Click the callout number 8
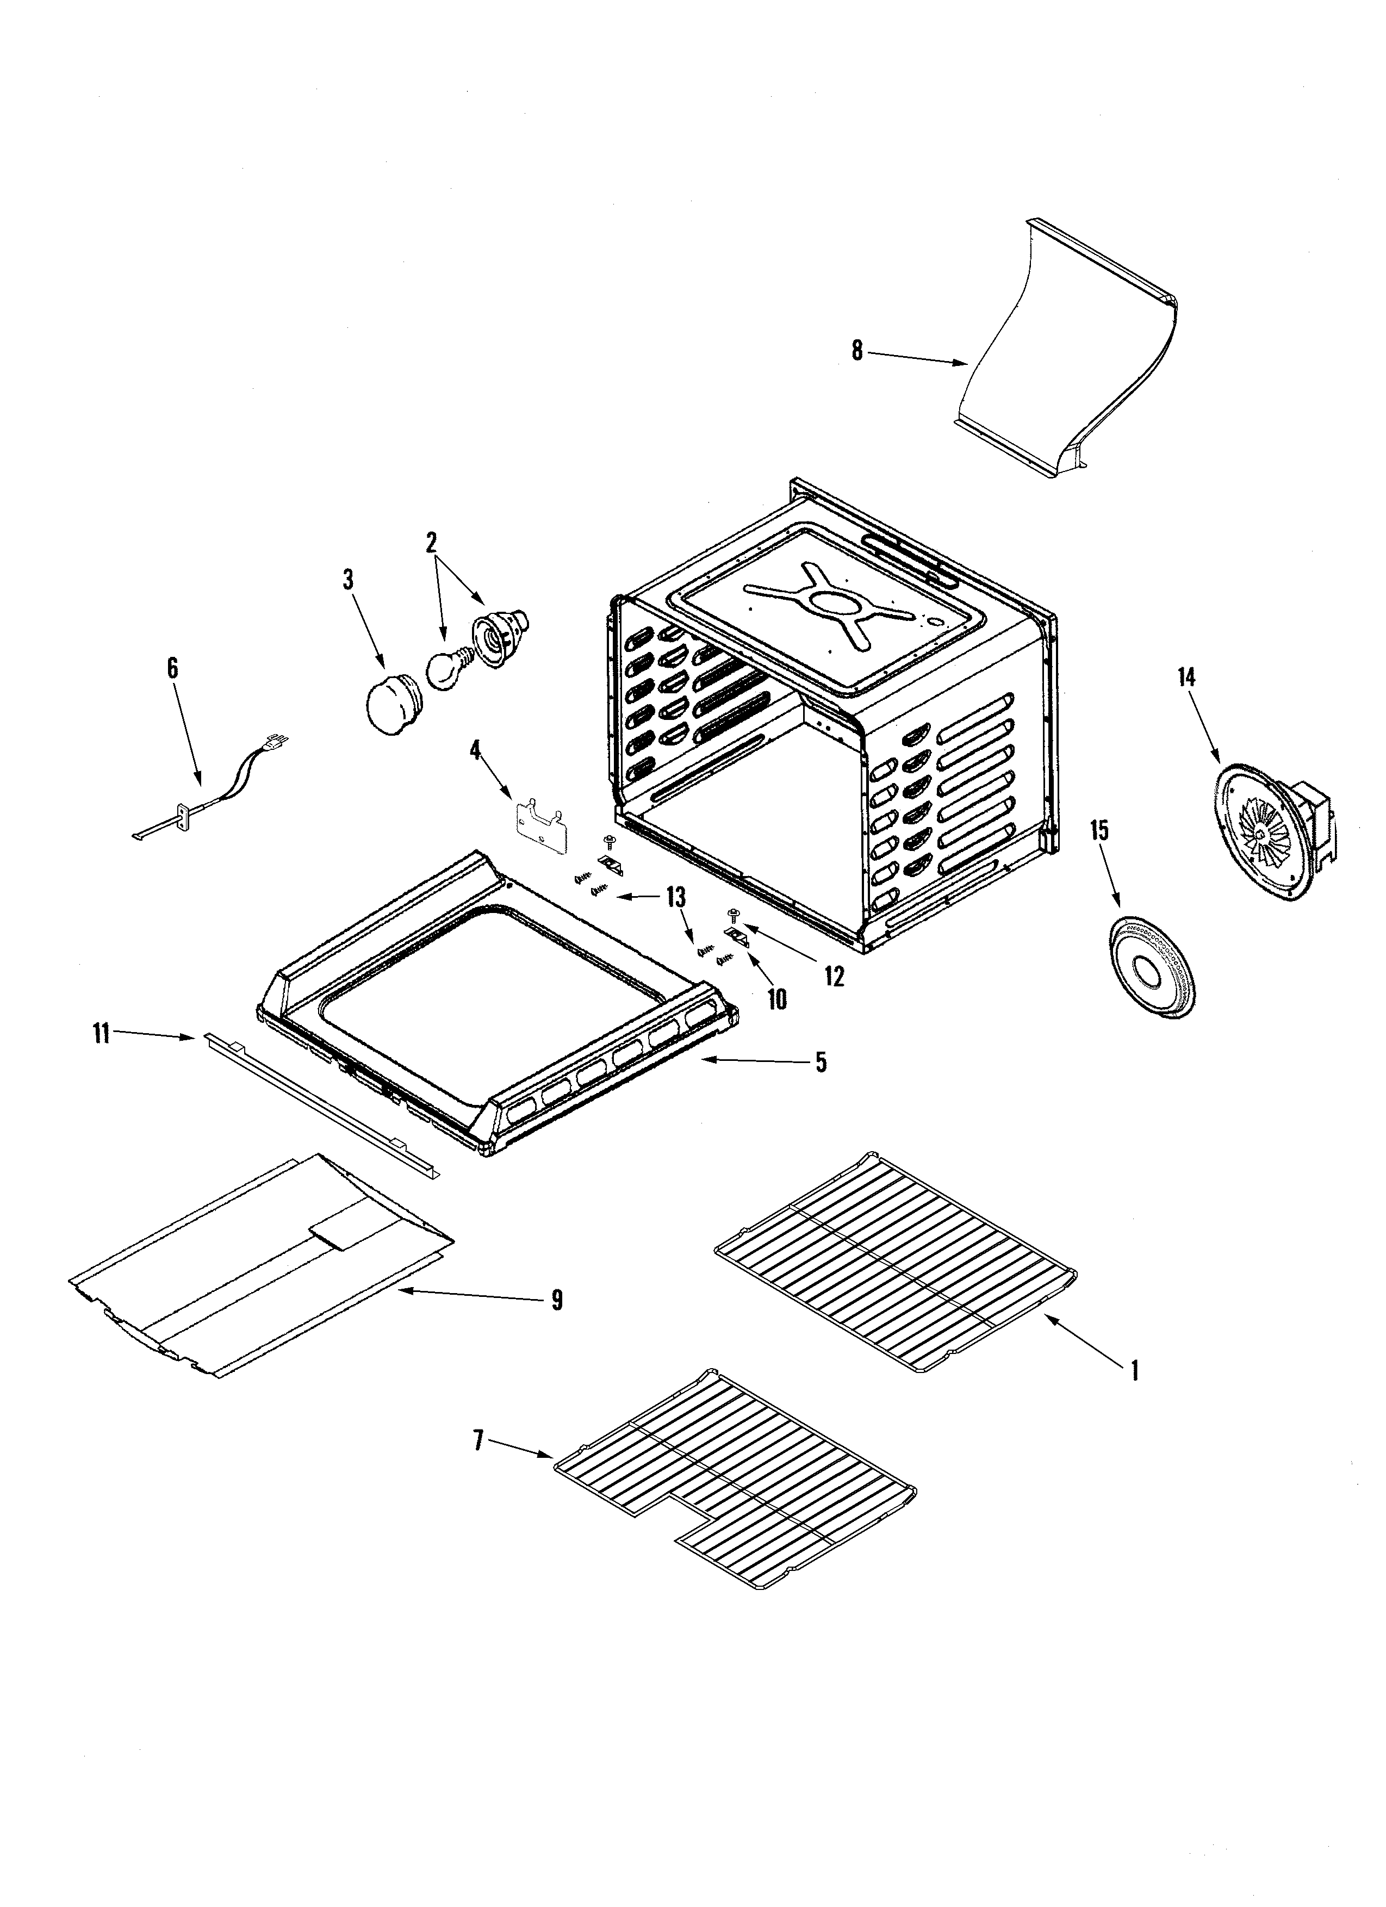[x=856, y=351]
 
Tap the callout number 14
[x=1186, y=677]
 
